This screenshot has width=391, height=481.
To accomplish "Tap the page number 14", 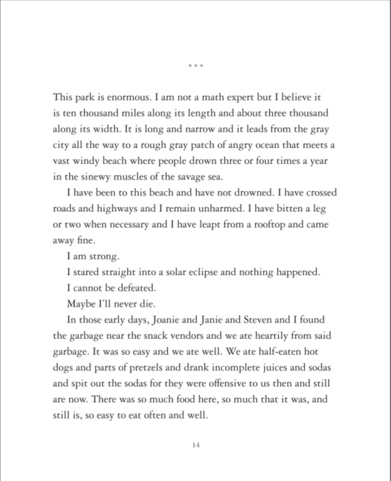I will (x=197, y=446).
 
